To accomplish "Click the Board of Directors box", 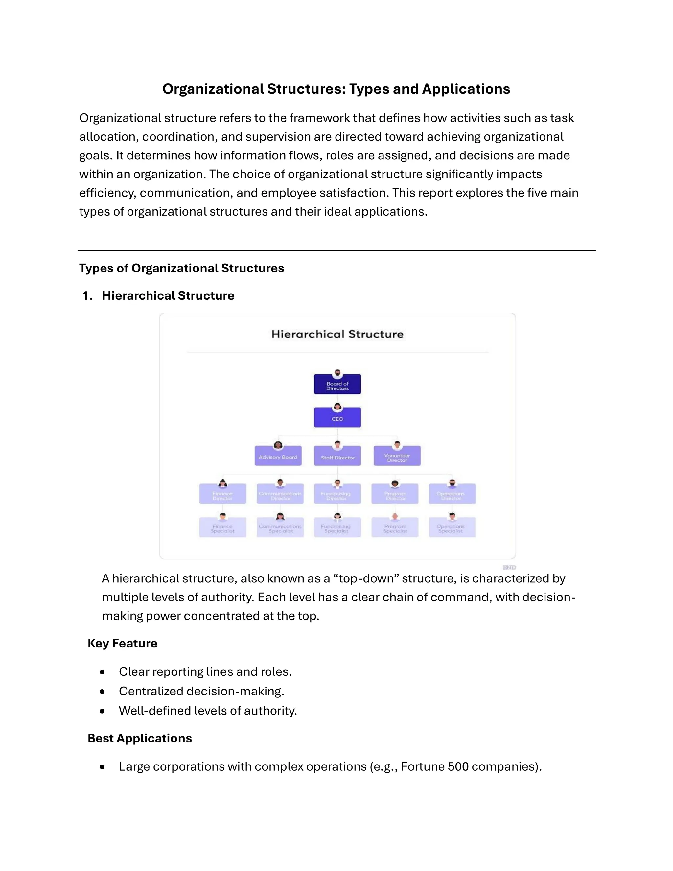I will (x=337, y=385).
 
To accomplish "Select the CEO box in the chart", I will (x=337, y=418).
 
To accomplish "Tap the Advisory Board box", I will (x=278, y=457).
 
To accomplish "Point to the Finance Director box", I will (x=222, y=495).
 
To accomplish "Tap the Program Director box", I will (x=395, y=495).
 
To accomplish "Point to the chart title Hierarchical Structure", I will (x=337, y=334).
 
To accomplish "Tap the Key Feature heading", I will (x=122, y=643).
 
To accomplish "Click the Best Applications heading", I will (x=140, y=738).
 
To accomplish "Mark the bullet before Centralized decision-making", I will (x=103, y=692).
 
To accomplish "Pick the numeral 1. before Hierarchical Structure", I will (x=87, y=295).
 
